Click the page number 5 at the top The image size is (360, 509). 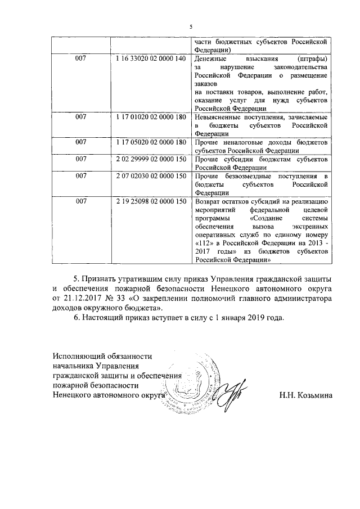191,27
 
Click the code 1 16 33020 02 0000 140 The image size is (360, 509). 150,59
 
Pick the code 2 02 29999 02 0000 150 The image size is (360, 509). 150,160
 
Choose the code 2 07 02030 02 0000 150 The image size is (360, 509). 150,177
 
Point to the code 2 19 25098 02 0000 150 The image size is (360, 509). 150,201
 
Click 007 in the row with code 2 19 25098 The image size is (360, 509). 81,201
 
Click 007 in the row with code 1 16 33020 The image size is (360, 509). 81,59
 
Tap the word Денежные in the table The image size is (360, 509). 211,59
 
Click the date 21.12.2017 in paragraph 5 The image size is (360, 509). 85,299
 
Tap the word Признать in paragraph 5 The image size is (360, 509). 105,278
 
